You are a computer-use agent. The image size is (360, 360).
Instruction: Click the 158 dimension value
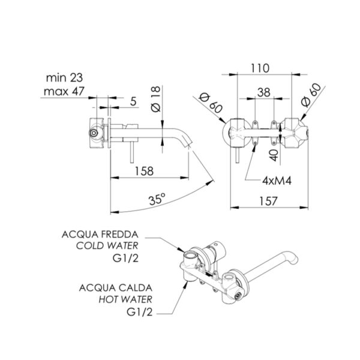[144, 171]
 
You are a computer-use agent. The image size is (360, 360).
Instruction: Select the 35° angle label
[157, 199]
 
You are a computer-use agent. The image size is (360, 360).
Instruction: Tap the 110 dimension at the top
[260, 68]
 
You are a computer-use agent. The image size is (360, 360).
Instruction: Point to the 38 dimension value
[264, 92]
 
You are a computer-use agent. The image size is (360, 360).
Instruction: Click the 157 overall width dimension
[268, 201]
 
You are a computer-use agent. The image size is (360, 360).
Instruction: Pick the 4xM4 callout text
[277, 181]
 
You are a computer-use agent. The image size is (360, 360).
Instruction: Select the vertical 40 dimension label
[274, 155]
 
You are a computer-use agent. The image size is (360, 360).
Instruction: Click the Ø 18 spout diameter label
[156, 99]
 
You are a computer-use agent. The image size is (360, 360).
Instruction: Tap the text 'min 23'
[64, 78]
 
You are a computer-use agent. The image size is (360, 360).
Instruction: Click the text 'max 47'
[64, 91]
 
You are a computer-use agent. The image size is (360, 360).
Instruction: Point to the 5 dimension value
[133, 101]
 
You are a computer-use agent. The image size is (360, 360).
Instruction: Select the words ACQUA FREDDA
[100, 235]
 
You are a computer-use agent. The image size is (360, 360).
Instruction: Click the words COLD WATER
[107, 245]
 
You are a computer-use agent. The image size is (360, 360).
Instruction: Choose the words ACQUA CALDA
[115, 287]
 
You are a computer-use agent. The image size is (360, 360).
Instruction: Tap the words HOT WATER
[125, 299]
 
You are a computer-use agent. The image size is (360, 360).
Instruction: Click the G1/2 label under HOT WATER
[140, 312]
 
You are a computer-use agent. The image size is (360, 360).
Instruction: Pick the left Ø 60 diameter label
[211, 103]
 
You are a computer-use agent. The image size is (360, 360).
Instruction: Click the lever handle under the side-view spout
[132, 152]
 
